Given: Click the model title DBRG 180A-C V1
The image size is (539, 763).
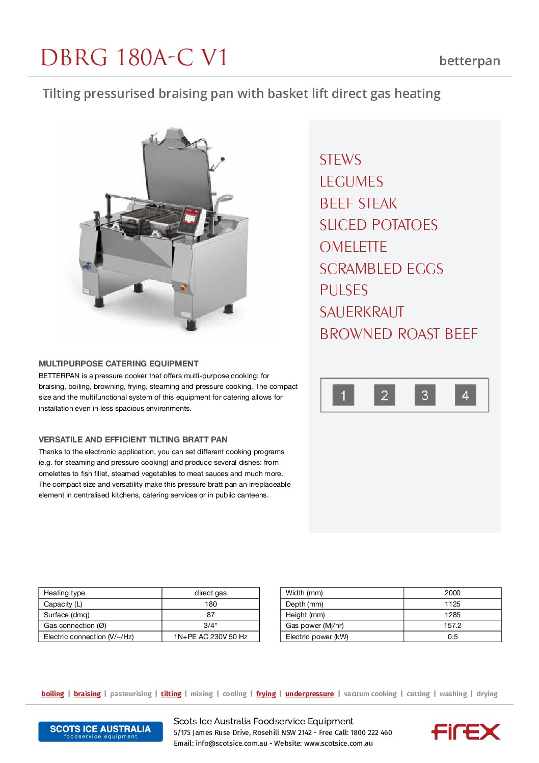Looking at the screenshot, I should click(x=134, y=58).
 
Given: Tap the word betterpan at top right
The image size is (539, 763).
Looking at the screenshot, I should click(x=469, y=61).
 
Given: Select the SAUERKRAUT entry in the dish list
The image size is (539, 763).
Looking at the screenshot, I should click(x=362, y=312).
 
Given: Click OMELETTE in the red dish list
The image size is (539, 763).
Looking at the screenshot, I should click(x=353, y=247).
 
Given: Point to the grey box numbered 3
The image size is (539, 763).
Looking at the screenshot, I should click(x=424, y=395).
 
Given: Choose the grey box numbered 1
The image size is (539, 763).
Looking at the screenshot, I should click(x=343, y=395).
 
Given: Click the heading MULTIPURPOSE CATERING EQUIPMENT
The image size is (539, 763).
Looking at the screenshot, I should click(x=118, y=363).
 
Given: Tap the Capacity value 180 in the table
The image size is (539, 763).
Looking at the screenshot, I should click(x=210, y=604).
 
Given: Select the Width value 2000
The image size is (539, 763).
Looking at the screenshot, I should click(x=452, y=593).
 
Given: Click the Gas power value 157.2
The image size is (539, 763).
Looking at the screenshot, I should click(x=452, y=625).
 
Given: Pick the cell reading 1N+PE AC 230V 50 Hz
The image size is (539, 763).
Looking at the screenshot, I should click(x=210, y=637).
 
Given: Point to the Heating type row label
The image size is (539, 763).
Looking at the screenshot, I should click(x=65, y=593).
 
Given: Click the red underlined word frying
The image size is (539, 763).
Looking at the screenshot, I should click(x=265, y=694).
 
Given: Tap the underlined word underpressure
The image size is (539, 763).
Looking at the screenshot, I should click(x=309, y=694).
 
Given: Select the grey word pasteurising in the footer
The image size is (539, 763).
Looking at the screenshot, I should click(x=130, y=694).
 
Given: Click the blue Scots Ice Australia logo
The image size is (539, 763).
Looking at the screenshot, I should click(x=100, y=731).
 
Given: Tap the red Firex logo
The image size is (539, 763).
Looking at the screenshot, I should click(x=466, y=731).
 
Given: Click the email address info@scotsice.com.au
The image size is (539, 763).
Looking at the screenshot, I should click(x=231, y=743).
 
